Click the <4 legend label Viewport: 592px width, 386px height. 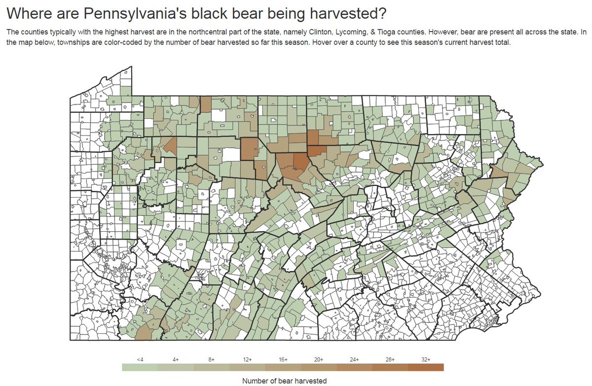pos(140,359)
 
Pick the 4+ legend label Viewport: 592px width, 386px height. pos(175,359)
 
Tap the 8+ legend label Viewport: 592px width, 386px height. pos(211,359)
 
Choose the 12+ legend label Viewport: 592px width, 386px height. pos(247,359)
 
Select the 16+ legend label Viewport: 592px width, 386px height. pos(283,359)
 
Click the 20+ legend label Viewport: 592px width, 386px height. pos(318,359)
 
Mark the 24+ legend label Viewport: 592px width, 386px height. pos(354,359)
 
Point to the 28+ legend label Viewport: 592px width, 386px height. pos(390,359)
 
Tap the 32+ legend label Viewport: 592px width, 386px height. pos(426,359)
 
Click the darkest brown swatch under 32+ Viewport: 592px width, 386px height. pos(426,367)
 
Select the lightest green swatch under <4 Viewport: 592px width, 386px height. pos(140,367)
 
